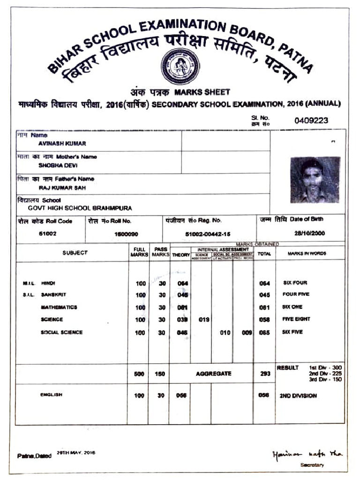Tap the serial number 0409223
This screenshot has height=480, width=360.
[311, 120]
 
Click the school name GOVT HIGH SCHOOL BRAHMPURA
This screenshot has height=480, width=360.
[80, 208]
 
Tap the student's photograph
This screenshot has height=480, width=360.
[315, 180]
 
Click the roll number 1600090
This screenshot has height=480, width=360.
[126, 233]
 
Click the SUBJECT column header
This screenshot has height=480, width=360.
[75, 253]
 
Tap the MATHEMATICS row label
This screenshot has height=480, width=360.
[59, 307]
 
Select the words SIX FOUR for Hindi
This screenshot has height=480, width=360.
[295, 283]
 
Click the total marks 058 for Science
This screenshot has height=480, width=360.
[264, 320]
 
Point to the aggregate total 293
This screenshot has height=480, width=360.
[264, 374]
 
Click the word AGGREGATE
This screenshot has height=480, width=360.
[213, 374]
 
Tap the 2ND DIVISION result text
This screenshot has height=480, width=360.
[298, 396]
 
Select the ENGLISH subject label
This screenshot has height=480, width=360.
[52, 395]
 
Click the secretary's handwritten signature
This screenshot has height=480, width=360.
[307, 454]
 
